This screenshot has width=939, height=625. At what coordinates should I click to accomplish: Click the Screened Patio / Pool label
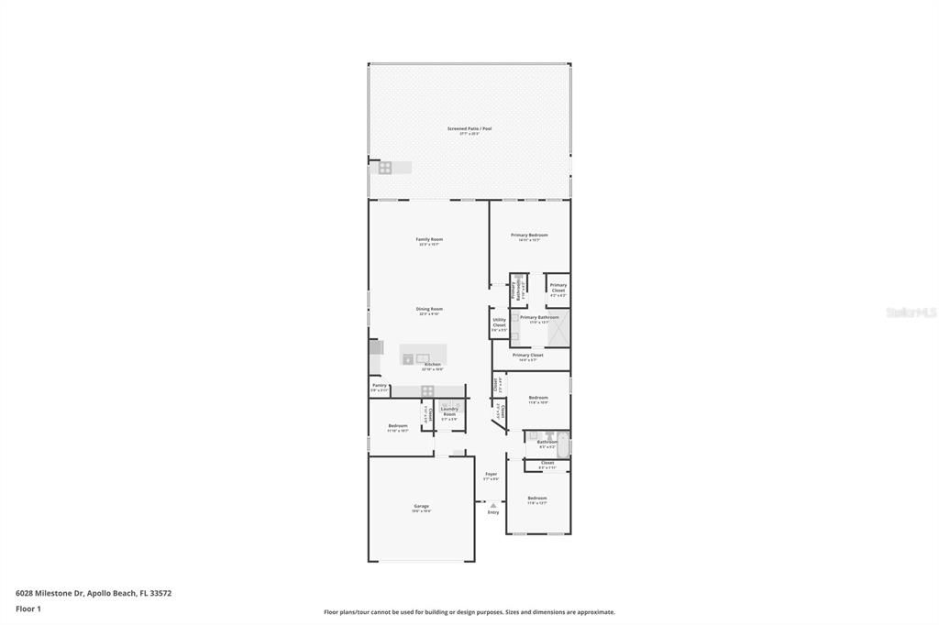(x=469, y=129)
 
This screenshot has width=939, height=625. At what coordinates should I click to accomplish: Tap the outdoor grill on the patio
(x=385, y=168)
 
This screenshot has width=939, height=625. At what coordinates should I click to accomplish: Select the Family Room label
(x=429, y=240)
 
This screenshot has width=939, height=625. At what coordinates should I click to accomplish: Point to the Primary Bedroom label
(x=529, y=236)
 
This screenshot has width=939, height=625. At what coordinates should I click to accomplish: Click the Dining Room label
(x=429, y=310)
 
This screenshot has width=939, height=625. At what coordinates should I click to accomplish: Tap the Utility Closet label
(x=499, y=323)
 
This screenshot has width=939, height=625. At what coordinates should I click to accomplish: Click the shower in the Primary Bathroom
(x=558, y=324)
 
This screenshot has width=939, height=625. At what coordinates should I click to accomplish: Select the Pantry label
(x=379, y=386)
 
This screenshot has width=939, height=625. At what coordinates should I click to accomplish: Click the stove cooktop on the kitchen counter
(x=427, y=390)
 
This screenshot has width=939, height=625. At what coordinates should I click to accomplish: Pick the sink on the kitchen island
(x=423, y=357)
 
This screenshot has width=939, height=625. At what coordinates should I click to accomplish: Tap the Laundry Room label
(x=449, y=411)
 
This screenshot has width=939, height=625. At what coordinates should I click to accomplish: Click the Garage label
(x=421, y=507)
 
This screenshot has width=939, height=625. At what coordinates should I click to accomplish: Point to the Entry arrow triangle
(x=493, y=505)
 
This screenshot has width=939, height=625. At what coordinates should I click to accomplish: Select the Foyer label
(x=491, y=476)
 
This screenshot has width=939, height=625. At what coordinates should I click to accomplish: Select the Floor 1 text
(x=28, y=609)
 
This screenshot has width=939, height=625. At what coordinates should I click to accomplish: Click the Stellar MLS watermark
(x=911, y=312)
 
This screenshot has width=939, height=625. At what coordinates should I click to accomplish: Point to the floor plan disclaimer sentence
(x=469, y=612)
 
